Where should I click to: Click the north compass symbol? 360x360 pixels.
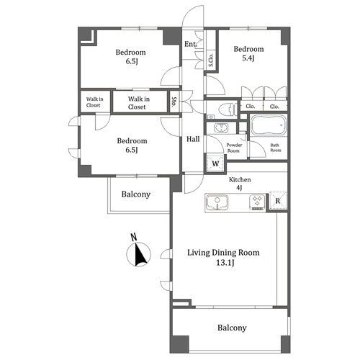138,255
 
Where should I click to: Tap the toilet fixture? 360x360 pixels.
228,110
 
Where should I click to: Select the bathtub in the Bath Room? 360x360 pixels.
269,125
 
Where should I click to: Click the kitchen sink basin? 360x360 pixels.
217,202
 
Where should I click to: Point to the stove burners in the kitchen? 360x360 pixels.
258,202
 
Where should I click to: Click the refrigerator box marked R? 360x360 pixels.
278,201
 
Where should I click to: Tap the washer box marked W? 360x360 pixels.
215,163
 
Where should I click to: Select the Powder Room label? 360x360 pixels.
234,148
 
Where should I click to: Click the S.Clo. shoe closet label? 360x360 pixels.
210,60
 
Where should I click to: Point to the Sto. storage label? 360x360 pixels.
174,102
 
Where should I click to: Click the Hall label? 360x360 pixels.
193,139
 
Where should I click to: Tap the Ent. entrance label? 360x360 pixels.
191,44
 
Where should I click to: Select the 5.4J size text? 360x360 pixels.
248,58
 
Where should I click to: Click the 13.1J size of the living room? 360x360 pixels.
225,263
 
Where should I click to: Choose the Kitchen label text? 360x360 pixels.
240,179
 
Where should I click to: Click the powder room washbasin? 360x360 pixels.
221,127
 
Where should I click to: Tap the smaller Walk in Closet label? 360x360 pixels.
94,102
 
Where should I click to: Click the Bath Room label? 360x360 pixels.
275,148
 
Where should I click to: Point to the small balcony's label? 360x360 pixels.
136,194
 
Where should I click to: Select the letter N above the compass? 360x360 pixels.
134,237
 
